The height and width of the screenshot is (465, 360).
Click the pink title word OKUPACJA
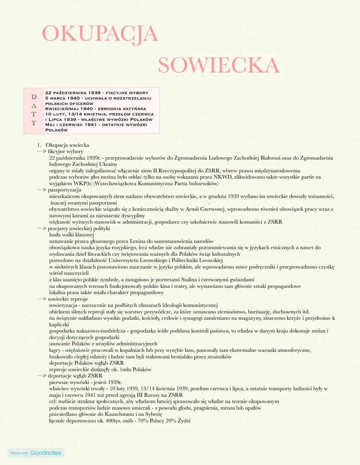tap(100, 34)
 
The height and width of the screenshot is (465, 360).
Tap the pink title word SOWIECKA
tap(218, 65)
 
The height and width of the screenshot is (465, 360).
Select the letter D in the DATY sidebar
tap(34, 97)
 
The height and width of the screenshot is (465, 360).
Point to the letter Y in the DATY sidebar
tap(34, 123)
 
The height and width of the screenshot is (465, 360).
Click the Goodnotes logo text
tap(46, 453)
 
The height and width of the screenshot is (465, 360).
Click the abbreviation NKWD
tap(222, 177)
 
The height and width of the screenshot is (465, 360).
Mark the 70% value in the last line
tap(142, 421)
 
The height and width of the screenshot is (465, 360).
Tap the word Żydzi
tap(184, 421)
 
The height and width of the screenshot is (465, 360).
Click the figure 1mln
tap(126, 369)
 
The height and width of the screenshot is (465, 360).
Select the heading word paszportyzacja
tap(64, 190)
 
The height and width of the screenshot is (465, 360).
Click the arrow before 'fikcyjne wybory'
tap(41, 151)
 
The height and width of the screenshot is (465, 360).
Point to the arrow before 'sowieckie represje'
tap(41, 299)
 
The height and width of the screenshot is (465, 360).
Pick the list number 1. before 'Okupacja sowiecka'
tap(39, 145)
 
